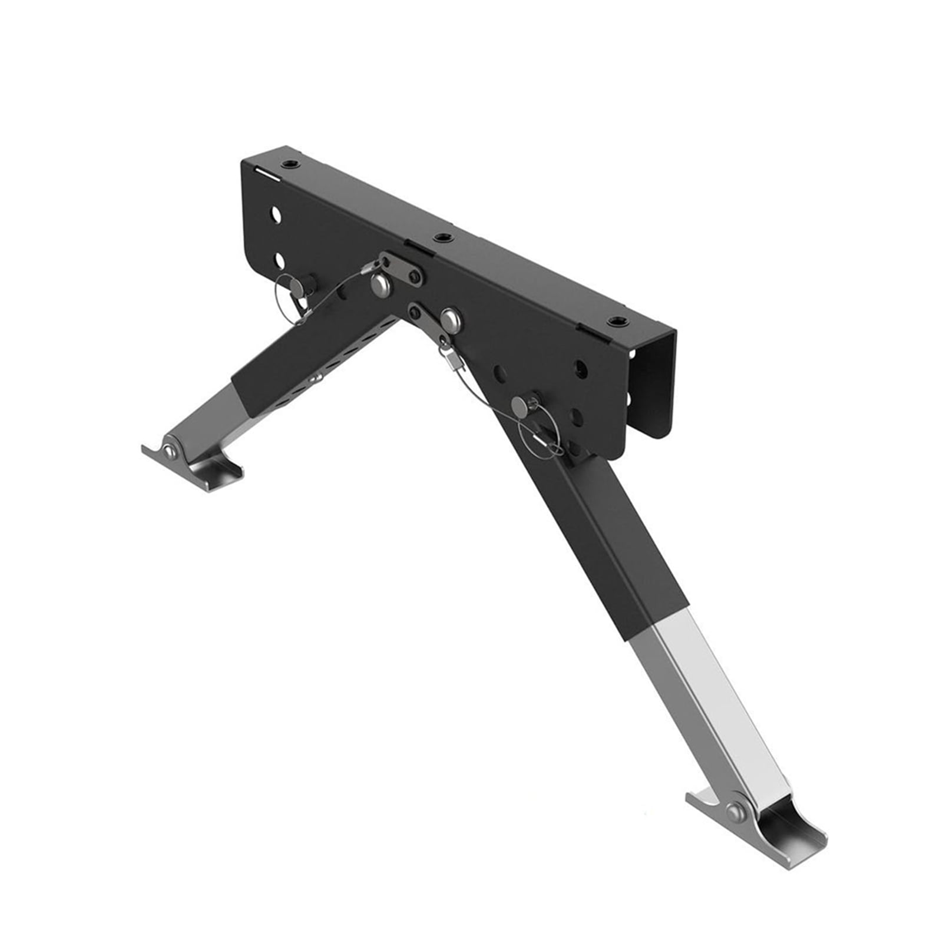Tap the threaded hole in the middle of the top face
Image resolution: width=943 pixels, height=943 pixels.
(x=440, y=238)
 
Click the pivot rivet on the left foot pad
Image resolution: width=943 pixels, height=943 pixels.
(x=170, y=451)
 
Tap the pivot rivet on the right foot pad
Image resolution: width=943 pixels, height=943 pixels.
(x=734, y=813)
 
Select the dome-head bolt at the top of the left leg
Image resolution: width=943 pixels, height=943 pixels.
(x=380, y=285)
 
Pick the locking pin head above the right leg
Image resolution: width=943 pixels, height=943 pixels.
(x=520, y=404)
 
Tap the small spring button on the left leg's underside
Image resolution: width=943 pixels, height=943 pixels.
(x=317, y=378)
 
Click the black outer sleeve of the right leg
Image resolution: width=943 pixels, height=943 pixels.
(x=613, y=542)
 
